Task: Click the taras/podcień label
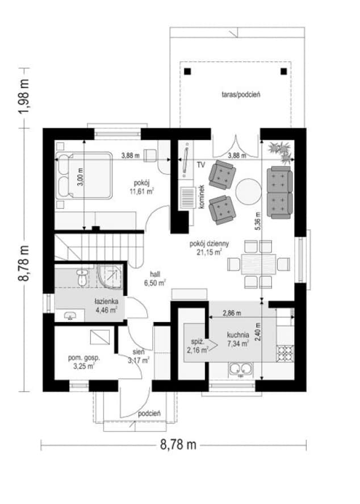pos(241,94)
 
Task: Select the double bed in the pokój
pos(84,175)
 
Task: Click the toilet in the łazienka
pos(82,277)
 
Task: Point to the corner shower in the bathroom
pos(110,276)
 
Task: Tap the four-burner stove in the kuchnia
pos(285,353)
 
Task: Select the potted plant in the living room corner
pos(281,151)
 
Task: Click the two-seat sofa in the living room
pos(280,192)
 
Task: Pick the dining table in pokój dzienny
pos(258,264)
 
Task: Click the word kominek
pos(202,197)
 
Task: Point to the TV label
pos(201,165)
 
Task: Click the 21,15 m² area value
pos(209,252)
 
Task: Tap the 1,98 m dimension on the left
pos(24,97)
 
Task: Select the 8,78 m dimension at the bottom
pos(178,445)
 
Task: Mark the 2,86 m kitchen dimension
pos(232,314)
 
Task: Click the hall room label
pos(155,274)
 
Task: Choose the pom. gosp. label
pos(84,357)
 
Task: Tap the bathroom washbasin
pos(70,316)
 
